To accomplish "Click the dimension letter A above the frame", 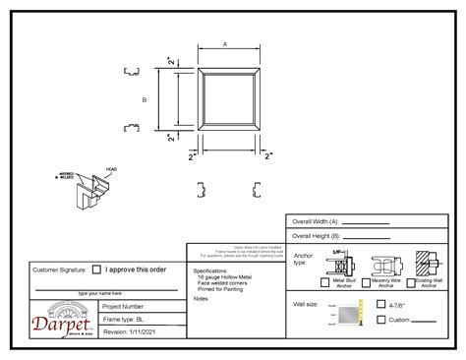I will point(225,45).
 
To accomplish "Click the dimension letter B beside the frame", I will point(144,99).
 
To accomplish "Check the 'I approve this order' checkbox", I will point(96,269).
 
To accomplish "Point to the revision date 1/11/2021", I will point(129,331).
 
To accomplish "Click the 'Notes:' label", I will point(203,298).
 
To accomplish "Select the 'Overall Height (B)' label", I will point(314,236).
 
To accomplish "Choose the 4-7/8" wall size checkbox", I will point(381,306).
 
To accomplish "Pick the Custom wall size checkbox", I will point(381,320).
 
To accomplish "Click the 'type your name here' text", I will point(100,293).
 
